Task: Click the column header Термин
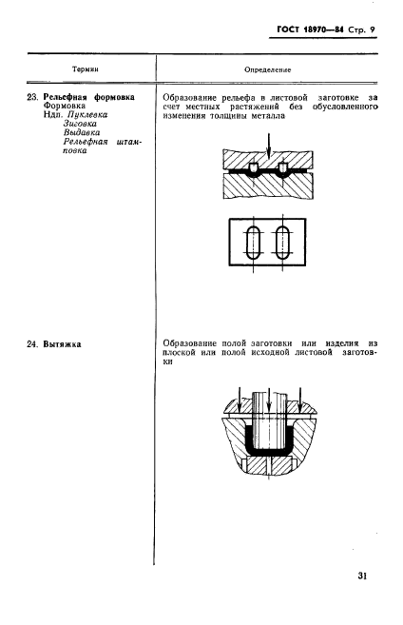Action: (x=86, y=69)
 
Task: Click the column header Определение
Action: (x=268, y=69)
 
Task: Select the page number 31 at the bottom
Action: (x=362, y=576)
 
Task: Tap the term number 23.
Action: (x=32, y=97)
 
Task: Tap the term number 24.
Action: (x=32, y=344)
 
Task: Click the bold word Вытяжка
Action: (x=62, y=344)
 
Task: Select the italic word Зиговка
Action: (x=80, y=124)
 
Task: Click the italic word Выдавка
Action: (x=81, y=132)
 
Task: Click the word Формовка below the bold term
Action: (x=64, y=106)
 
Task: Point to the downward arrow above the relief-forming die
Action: (x=269, y=146)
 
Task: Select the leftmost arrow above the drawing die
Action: (x=239, y=400)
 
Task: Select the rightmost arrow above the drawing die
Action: (x=299, y=400)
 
